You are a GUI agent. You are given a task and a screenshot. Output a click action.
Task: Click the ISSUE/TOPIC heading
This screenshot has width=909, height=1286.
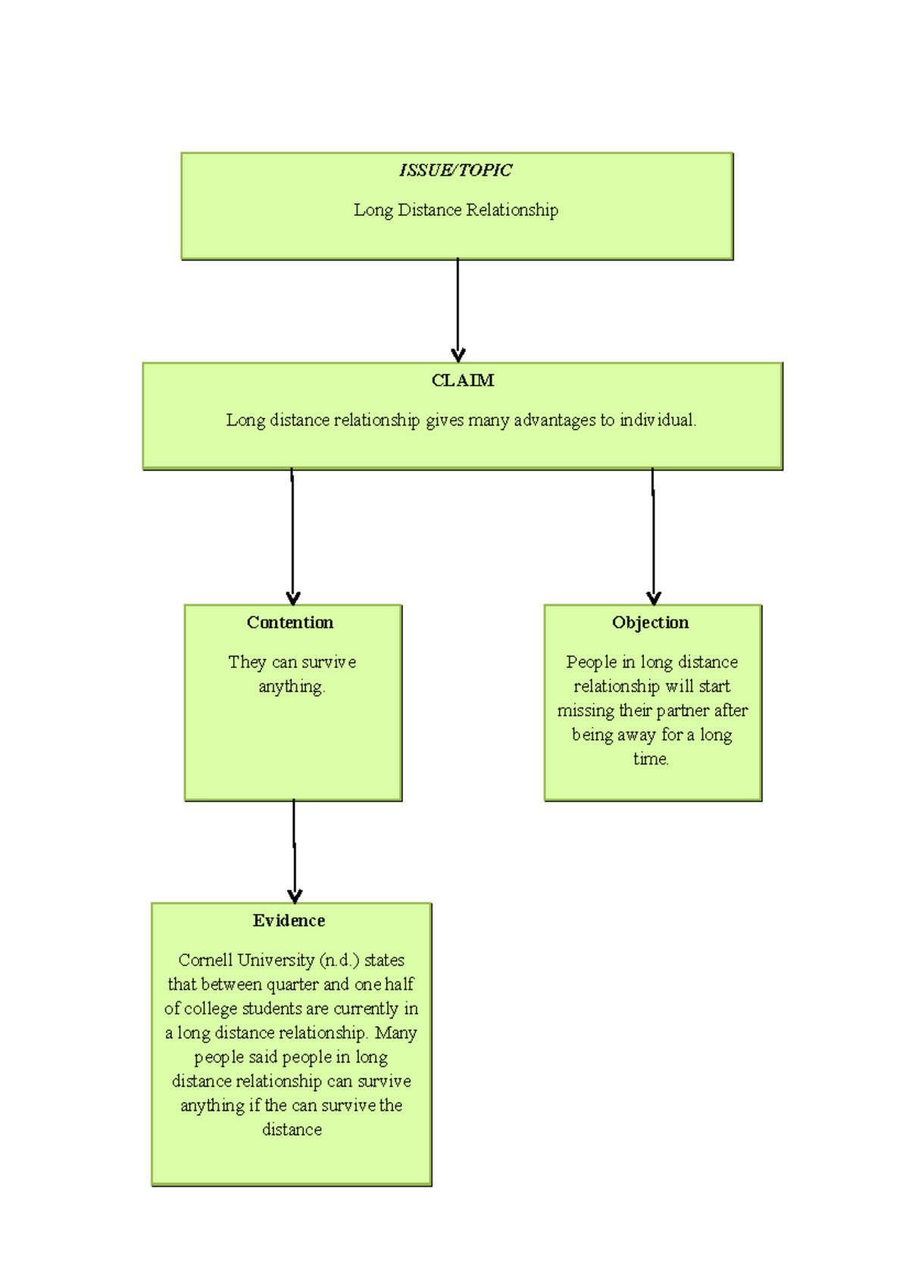coord(455,170)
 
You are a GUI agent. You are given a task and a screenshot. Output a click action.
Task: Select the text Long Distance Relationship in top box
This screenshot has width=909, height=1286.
coord(456,211)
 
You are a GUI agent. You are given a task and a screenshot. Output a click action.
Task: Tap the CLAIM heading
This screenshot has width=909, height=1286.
coord(462,381)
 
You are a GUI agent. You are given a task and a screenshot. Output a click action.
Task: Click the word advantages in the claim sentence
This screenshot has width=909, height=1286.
coord(554,420)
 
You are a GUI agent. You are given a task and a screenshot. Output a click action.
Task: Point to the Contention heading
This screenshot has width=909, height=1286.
coord(290,623)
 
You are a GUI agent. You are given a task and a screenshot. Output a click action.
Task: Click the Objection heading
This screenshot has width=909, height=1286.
coord(651,623)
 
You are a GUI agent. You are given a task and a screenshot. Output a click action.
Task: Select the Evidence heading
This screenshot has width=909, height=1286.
coord(289,921)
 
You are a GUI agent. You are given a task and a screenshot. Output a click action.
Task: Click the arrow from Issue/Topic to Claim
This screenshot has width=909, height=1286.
coord(458,311)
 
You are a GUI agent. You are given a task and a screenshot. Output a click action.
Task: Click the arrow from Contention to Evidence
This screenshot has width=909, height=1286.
coord(294,851)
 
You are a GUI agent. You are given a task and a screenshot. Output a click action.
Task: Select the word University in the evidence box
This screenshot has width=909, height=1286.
coord(276,960)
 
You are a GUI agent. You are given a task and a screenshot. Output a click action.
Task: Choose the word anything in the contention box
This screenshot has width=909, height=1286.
coord(292,688)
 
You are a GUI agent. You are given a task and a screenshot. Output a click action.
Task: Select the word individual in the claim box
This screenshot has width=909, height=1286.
coord(657,420)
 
